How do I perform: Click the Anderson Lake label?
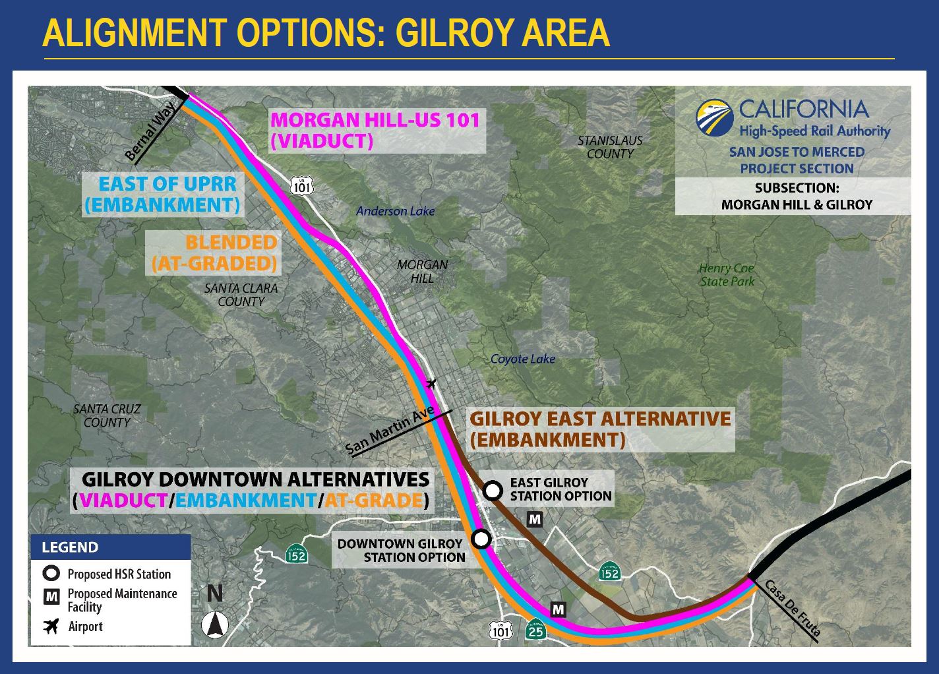(395, 211)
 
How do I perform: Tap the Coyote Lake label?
(523, 359)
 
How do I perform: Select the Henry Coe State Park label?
(727, 274)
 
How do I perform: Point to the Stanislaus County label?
(610, 147)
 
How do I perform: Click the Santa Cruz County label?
(107, 415)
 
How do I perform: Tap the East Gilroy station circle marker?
(493, 491)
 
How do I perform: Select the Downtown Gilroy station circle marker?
(481, 539)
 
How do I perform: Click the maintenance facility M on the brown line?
(535, 520)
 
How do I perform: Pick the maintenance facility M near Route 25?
(559, 609)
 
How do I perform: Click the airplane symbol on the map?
(431, 383)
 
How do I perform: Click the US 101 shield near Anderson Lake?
(302, 185)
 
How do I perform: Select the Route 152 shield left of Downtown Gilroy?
(297, 554)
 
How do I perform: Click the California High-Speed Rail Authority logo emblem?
(714, 118)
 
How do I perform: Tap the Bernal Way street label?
(150, 131)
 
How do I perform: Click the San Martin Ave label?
(390, 430)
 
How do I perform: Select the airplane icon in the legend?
(51, 627)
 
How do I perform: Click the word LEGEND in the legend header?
(70, 547)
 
